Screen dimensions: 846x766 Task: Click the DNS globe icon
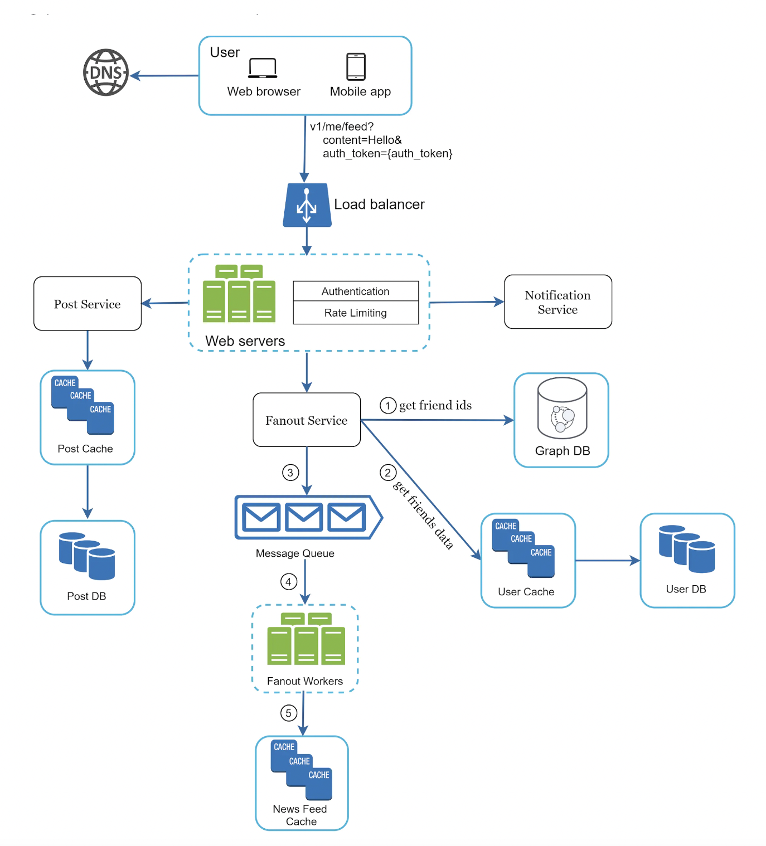click(106, 72)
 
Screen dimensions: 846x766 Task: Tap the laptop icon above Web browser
click(263, 68)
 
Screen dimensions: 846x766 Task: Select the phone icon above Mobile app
click(356, 67)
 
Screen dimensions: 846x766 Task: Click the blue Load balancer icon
click(307, 205)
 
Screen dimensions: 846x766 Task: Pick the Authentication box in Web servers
click(356, 291)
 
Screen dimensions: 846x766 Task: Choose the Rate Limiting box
click(356, 313)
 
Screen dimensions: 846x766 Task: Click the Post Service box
click(88, 304)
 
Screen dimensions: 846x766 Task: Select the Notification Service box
click(557, 302)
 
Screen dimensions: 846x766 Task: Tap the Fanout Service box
click(307, 420)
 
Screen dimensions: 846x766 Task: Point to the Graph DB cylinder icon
click(562, 408)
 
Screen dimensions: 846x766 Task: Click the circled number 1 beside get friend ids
click(388, 405)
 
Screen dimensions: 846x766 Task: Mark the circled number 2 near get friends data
click(388, 473)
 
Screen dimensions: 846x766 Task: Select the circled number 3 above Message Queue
click(290, 473)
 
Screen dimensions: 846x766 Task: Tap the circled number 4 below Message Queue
click(288, 582)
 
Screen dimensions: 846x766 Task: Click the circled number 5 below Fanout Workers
click(288, 713)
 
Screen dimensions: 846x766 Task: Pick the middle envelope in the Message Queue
click(304, 517)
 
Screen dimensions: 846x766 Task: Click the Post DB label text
click(86, 596)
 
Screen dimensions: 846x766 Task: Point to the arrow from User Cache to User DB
click(608, 561)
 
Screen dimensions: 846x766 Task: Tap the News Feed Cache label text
click(300, 815)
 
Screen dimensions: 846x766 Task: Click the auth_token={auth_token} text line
click(387, 153)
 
